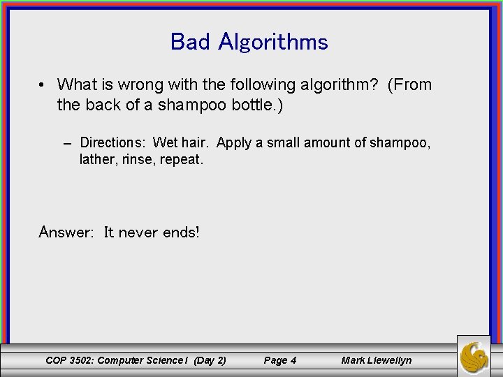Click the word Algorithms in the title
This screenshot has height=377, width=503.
click(272, 42)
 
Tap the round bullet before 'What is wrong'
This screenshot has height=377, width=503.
click(43, 85)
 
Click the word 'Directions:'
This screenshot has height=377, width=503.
click(112, 143)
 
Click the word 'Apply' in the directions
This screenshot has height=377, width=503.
click(234, 143)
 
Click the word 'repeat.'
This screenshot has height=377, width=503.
click(182, 160)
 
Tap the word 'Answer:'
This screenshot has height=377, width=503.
click(66, 232)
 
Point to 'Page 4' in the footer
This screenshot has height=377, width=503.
click(279, 360)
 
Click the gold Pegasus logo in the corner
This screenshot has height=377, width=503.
click(474, 356)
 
